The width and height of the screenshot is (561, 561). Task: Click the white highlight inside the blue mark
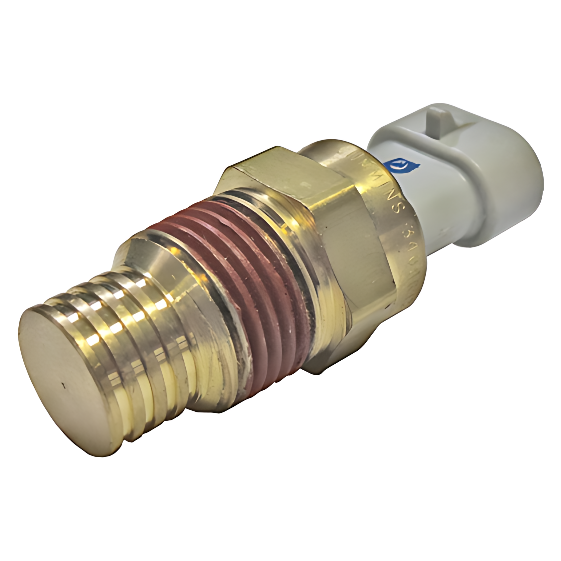pyautogui.click(x=405, y=164)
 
